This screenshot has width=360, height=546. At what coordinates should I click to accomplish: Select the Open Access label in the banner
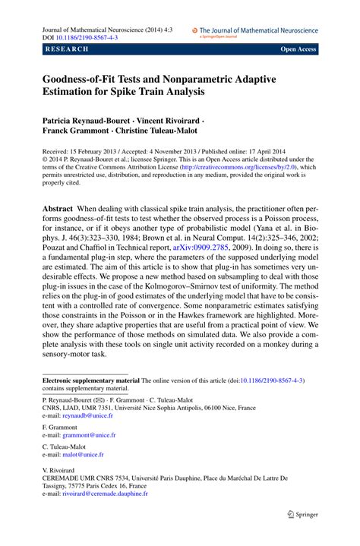298,49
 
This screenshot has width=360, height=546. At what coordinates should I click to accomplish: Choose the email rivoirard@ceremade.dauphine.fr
105,514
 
